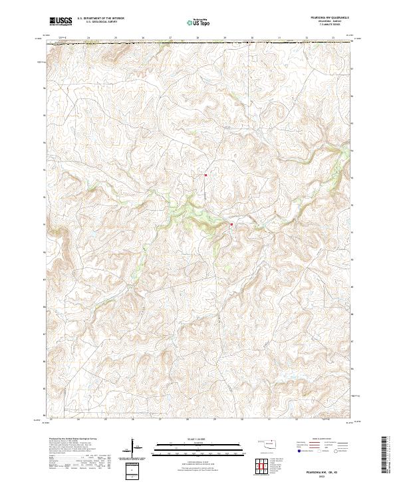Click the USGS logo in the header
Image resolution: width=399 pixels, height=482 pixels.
coord(61,21)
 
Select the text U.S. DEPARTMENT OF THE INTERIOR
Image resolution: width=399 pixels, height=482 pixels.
coord(100,19)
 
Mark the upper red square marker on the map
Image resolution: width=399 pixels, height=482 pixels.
coord(205,176)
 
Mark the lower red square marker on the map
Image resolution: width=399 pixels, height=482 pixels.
coord(231,224)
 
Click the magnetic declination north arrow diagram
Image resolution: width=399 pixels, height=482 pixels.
coord(136,448)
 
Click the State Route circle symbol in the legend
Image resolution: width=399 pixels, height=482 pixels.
coord(336,450)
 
